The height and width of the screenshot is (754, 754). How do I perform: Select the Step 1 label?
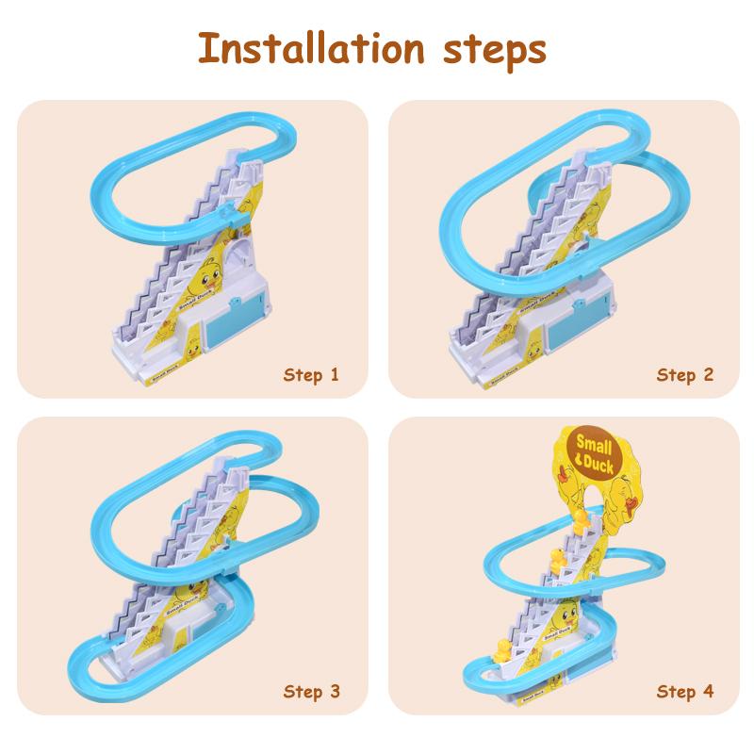click(x=311, y=375)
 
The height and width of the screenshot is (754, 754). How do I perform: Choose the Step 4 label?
click(x=685, y=693)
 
